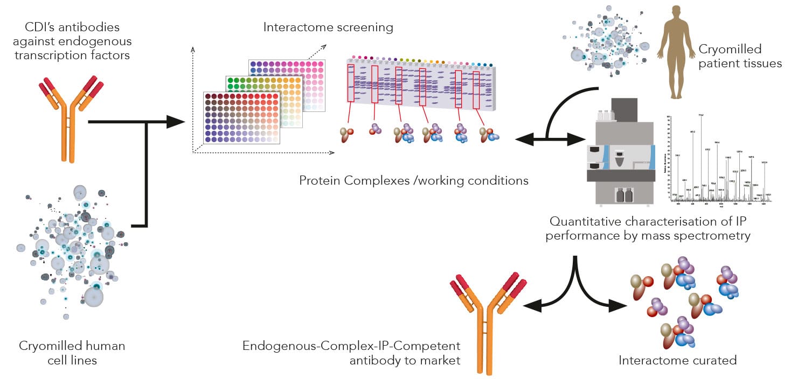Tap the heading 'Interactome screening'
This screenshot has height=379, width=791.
pyautogui.click(x=328, y=27)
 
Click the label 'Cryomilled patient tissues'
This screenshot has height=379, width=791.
pyautogui.click(x=740, y=57)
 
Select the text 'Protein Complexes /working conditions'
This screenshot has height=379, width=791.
pyautogui.click(x=414, y=180)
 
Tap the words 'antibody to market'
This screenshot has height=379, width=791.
pyautogui.click(x=405, y=360)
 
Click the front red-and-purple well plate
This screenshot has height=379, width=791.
pyautogui.click(x=242, y=117)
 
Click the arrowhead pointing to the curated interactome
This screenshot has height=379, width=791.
pyautogui.click(x=619, y=307)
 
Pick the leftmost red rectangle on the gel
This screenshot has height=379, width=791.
pyautogui.click(x=351, y=82)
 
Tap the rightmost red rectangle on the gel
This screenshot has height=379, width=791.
pyautogui.click(x=476, y=86)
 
